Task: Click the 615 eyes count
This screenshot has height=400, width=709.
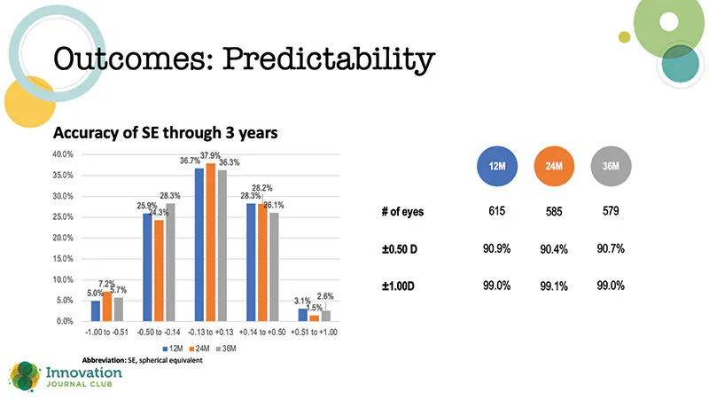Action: (x=496, y=212)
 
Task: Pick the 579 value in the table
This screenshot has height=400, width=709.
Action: (x=612, y=212)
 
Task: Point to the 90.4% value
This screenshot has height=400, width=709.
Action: (x=554, y=249)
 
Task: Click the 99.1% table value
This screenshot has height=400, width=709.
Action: (x=554, y=286)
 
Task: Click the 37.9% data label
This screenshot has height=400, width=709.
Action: (x=211, y=156)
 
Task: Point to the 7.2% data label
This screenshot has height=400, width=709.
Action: (x=105, y=283)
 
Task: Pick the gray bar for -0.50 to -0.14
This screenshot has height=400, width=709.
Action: (x=170, y=262)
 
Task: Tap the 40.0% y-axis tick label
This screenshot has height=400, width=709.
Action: (x=61, y=154)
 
